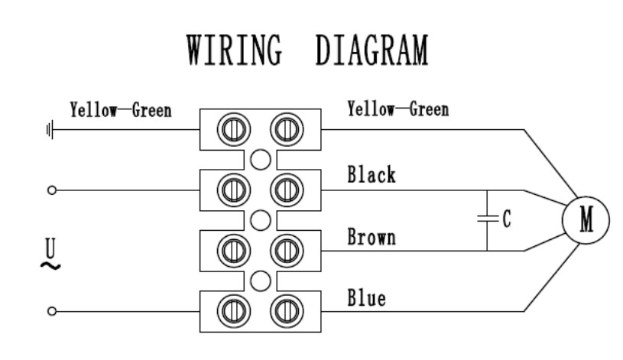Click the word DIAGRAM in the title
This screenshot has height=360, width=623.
coord(371,53)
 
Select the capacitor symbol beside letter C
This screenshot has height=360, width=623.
coord(486,219)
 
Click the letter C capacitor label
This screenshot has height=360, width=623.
coord(506,219)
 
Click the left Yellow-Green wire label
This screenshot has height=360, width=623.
coord(120,110)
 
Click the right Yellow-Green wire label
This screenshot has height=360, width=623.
coord(397,109)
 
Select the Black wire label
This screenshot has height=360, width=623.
coord(372,175)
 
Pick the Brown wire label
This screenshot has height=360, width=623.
coord(372,237)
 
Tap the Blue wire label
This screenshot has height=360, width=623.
coord(367,297)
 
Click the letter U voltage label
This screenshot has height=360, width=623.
coord(51,248)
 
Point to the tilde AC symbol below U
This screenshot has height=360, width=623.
coord(51,265)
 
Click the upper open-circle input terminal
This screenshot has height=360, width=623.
coord(51,190)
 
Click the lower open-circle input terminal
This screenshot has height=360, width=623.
coord(51,311)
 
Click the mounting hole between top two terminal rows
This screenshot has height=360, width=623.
coord(260,159)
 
